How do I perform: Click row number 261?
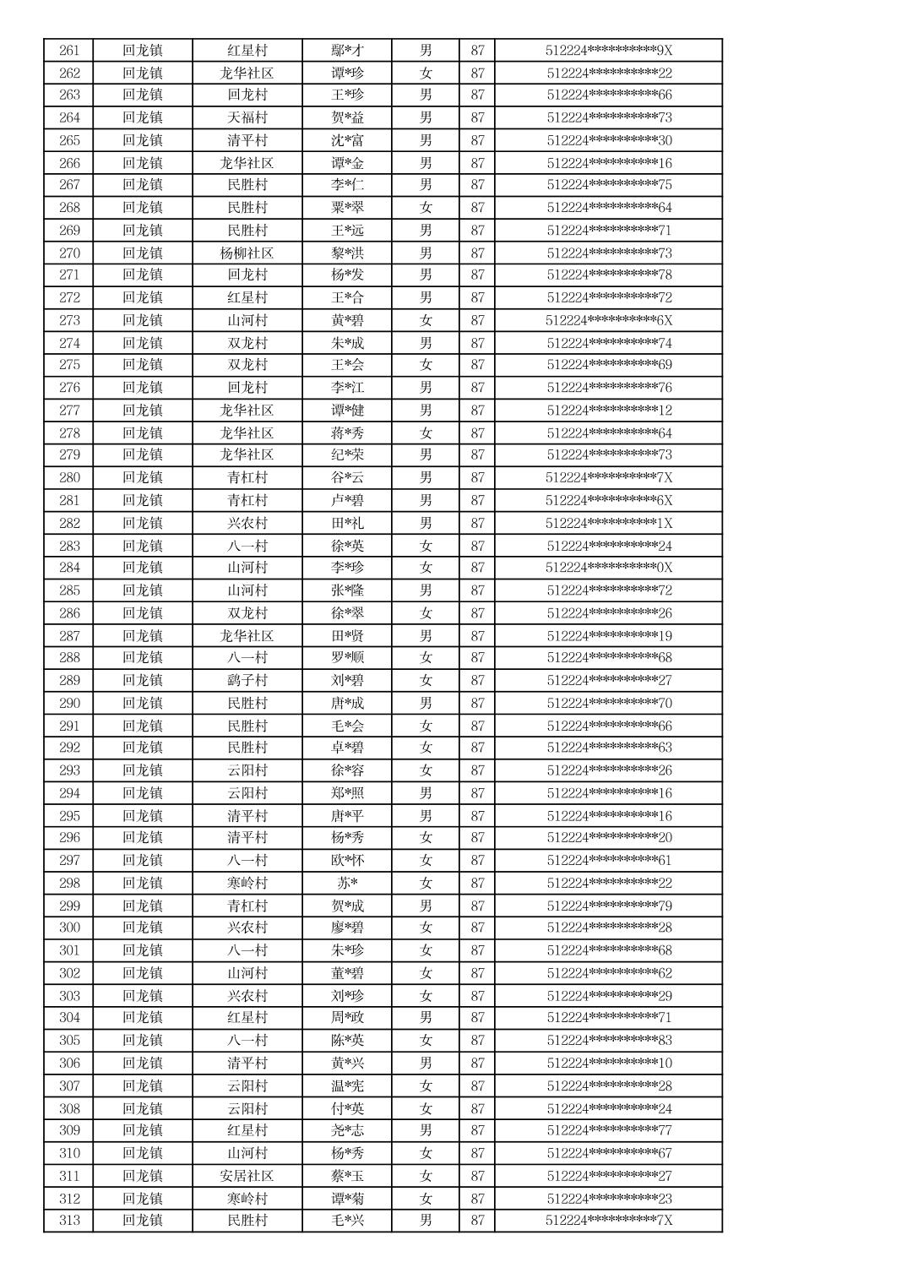(69, 51)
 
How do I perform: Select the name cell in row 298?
(347, 883)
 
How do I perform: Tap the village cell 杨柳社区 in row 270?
(247, 253)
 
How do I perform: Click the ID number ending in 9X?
(609, 51)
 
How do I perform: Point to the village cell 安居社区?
(247, 1175)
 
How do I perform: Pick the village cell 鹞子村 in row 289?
(247, 680)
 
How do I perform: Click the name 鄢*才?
(347, 51)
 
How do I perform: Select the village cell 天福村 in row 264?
(247, 117)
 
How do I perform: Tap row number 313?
(69, 1220)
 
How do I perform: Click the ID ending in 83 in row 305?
(609, 1040)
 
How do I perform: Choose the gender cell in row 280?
(426, 477)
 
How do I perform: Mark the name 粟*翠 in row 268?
(347, 207)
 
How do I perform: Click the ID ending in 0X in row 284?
(609, 568)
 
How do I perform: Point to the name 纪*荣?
(347, 454)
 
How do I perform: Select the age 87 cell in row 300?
(477, 928)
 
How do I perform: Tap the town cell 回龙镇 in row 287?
(142, 635)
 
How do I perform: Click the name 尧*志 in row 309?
(347, 1130)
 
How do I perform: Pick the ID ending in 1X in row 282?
(609, 523)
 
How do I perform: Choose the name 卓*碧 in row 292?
(347, 748)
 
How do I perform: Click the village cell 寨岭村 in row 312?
(247, 1198)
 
